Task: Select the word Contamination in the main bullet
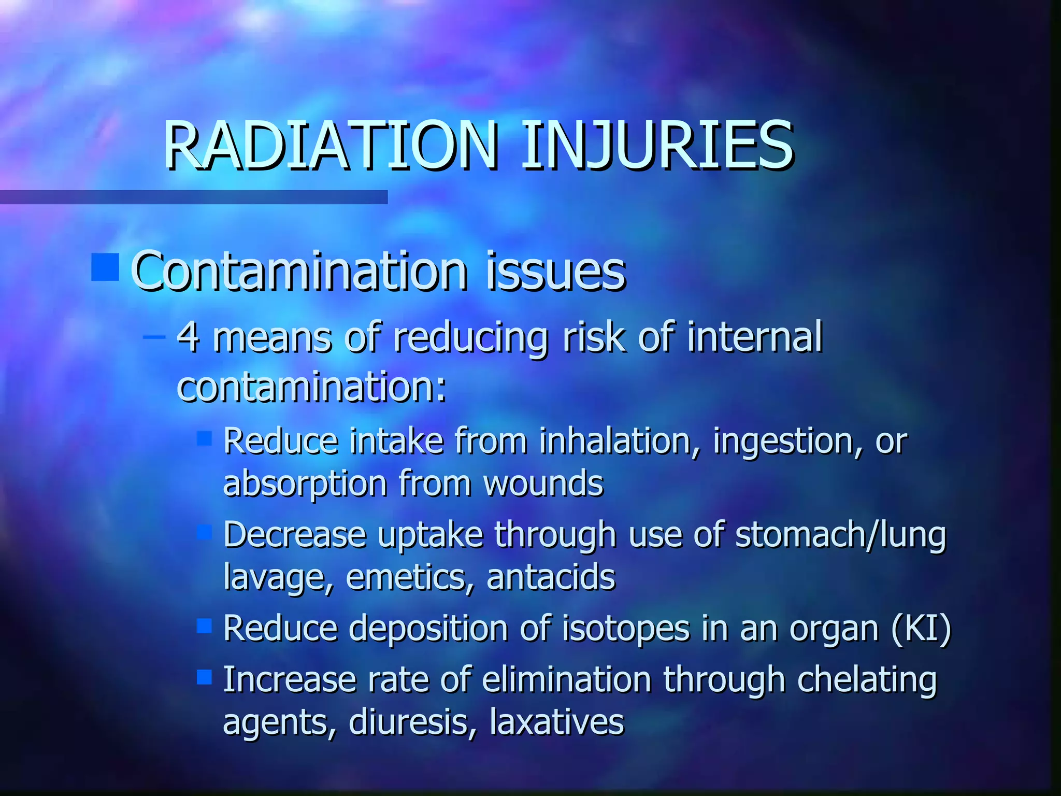pyautogui.click(x=299, y=272)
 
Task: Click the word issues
pyautogui.click(x=555, y=272)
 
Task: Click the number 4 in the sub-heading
pyautogui.click(x=188, y=337)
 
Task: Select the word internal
pyautogui.click(x=755, y=337)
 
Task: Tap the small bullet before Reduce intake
pyautogui.click(x=205, y=439)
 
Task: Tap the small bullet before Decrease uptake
pyautogui.click(x=205, y=532)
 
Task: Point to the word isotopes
pyautogui.click(x=626, y=629)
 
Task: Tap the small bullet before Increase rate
pyautogui.click(x=205, y=677)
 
